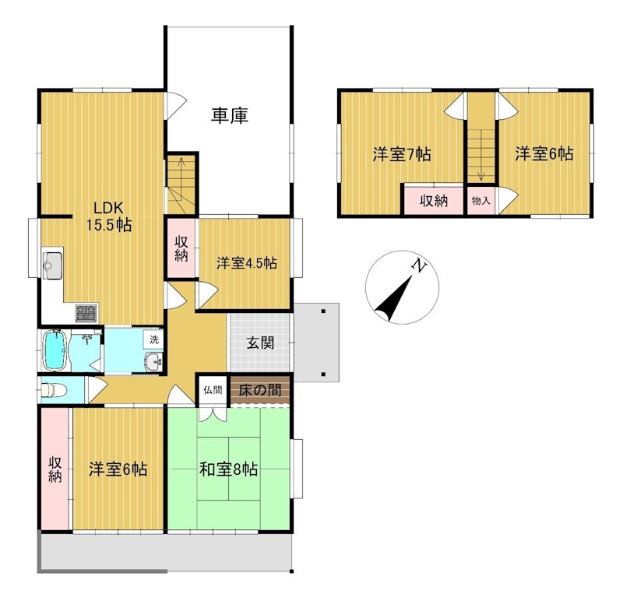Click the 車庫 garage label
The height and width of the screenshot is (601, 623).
230,115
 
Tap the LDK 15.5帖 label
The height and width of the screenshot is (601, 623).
109,216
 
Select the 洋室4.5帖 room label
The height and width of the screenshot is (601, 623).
247,263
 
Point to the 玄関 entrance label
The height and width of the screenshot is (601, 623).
260,343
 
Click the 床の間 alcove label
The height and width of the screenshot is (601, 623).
260,390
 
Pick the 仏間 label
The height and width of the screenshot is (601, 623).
213,390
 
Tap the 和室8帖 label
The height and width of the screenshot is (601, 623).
228,469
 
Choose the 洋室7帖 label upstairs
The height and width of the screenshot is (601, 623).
402,154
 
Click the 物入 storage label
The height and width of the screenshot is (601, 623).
480,201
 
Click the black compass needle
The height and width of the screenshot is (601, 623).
393,299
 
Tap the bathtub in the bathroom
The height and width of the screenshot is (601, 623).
54,350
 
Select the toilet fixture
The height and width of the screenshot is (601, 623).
53,390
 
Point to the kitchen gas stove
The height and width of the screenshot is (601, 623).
87,313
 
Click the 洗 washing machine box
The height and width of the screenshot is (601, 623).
154,339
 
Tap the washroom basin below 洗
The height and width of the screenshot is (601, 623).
153,361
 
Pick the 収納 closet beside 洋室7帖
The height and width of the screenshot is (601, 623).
434,201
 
